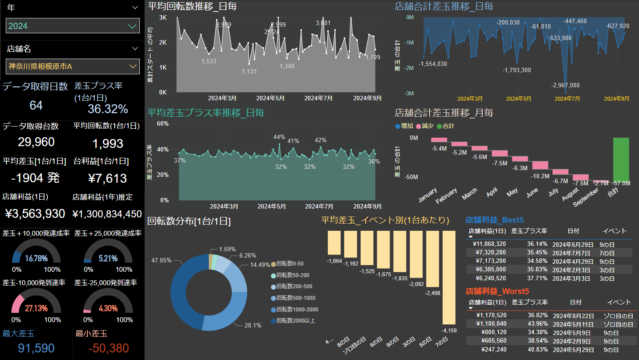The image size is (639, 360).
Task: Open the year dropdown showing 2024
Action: tap(73, 26)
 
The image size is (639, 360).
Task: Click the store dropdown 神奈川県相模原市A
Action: tap(73, 66)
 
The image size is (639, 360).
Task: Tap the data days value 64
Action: tap(36, 106)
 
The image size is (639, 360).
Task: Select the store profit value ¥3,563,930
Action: tap(35, 214)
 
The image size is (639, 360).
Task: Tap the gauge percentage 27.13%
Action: tap(36, 308)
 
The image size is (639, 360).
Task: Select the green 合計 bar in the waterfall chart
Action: tap(621, 158)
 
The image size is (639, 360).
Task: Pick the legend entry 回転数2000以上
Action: tap(296, 320)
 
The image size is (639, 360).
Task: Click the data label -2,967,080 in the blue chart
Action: tap(565, 85)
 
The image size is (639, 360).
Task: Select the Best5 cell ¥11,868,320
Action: tap(489, 244)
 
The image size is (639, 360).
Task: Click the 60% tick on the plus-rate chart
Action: tap(162, 123)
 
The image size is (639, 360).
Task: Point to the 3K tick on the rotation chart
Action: tap(163, 17)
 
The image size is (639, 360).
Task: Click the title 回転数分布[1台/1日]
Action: tap(189, 221)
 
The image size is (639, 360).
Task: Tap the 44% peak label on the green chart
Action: tap(279, 137)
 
